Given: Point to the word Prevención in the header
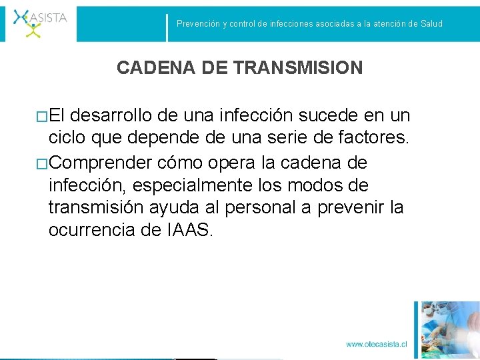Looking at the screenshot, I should [x=198, y=24].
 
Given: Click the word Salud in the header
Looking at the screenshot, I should [x=431, y=24].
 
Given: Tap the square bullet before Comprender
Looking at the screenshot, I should [x=43, y=164].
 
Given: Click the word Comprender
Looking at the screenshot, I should [x=102, y=163].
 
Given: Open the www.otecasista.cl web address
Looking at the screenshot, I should [x=376, y=344].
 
